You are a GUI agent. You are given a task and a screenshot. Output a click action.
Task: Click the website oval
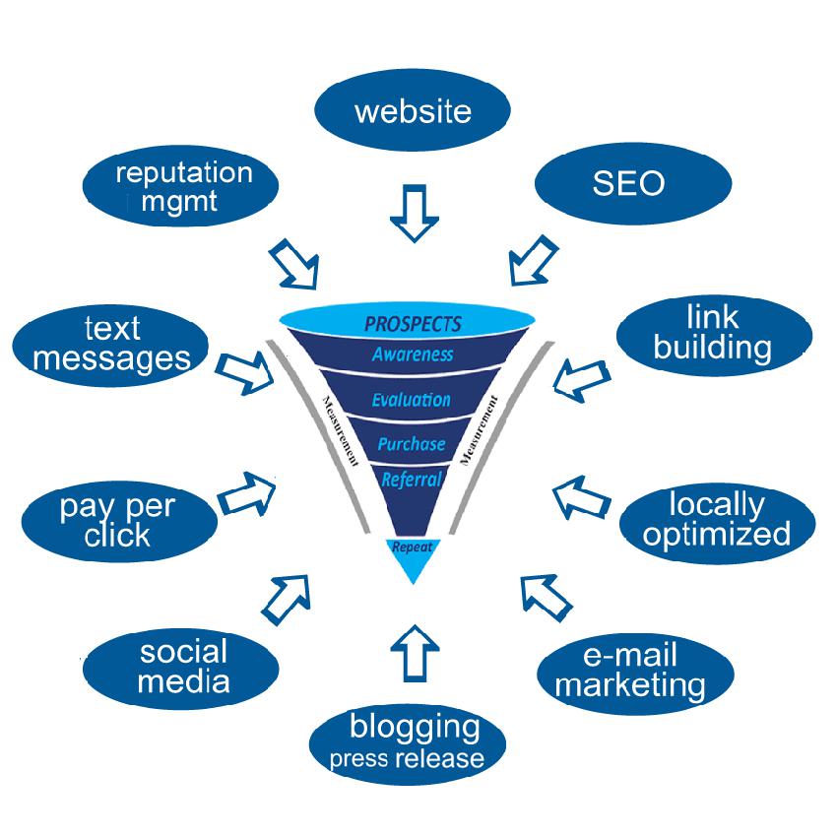412,110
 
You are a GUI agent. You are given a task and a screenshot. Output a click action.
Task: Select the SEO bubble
633,183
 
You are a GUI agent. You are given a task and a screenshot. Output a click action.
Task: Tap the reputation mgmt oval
180,186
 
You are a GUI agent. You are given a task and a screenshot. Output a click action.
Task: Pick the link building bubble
714,335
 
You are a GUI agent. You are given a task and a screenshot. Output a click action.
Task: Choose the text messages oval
110,346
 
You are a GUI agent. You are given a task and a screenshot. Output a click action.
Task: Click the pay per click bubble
119,521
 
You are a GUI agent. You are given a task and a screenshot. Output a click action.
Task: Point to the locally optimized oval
718,523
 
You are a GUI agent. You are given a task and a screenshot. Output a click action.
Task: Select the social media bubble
181,669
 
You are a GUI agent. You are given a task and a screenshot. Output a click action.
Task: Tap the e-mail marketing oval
635,674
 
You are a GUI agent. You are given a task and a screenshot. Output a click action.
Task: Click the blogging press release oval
408,744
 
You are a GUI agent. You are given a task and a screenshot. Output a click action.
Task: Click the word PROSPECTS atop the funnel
413,324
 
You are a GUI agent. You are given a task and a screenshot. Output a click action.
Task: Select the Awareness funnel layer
412,354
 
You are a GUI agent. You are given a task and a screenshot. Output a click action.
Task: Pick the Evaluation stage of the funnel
411,399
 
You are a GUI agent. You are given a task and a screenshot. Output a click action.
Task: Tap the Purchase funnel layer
412,443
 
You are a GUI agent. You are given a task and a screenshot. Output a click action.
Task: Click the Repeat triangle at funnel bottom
413,556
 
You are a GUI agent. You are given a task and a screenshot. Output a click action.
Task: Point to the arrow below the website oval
415,213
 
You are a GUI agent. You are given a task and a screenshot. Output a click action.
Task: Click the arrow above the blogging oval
415,653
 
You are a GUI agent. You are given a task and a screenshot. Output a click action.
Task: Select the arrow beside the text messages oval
245,371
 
